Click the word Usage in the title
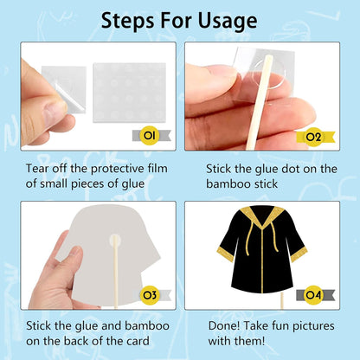point(228,21)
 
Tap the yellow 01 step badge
point(150,135)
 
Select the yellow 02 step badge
point(313,137)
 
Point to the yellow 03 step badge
point(150,295)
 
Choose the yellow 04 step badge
point(313,295)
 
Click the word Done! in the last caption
point(224,325)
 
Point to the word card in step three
point(138,341)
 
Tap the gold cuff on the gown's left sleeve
point(225,254)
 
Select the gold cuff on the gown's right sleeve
point(299,254)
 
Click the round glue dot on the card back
point(115,240)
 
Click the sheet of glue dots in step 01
point(130,93)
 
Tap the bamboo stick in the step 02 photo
point(259,102)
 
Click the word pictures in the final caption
point(313,326)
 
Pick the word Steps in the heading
point(128,21)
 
